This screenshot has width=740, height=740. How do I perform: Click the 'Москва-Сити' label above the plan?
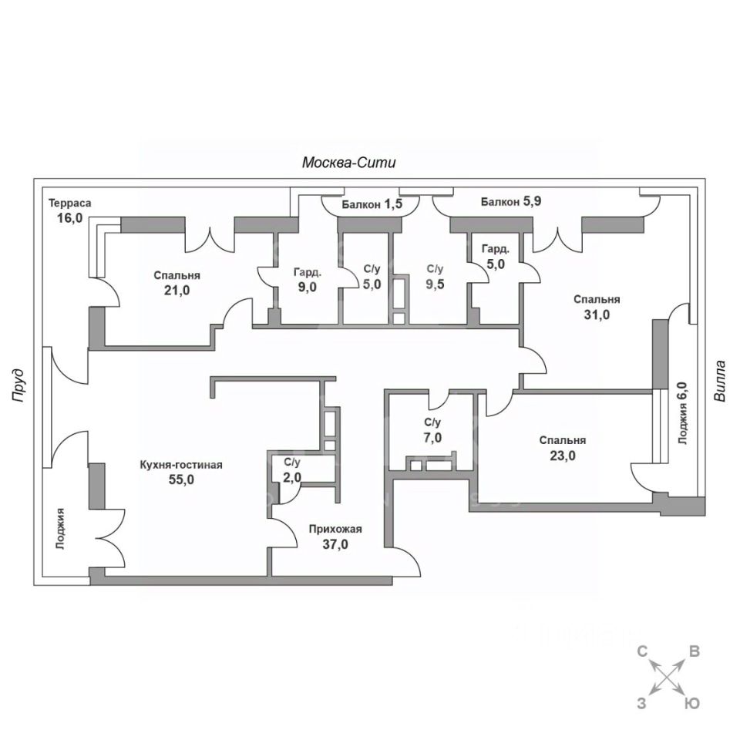(x=348, y=163)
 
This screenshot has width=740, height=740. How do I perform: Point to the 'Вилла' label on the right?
(x=720, y=381)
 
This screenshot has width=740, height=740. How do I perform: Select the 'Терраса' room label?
(x=69, y=203)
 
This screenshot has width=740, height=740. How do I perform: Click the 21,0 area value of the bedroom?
(x=177, y=291)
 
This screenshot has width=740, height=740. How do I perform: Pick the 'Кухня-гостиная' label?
(x=181, y=465)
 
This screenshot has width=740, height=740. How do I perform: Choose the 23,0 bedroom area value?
(x=563, y=456)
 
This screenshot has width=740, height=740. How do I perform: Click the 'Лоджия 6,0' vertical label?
(x=681, y=413)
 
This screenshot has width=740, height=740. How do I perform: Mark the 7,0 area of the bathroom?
(x=432, y=438)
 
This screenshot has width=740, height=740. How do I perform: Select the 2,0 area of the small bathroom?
(x=291, y=478)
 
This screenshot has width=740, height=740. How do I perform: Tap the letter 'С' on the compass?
(x=641, y=651)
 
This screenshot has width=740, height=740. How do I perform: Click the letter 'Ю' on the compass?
(x=693, y=703)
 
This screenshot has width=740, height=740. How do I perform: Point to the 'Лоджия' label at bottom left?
(x=59, y=529)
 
